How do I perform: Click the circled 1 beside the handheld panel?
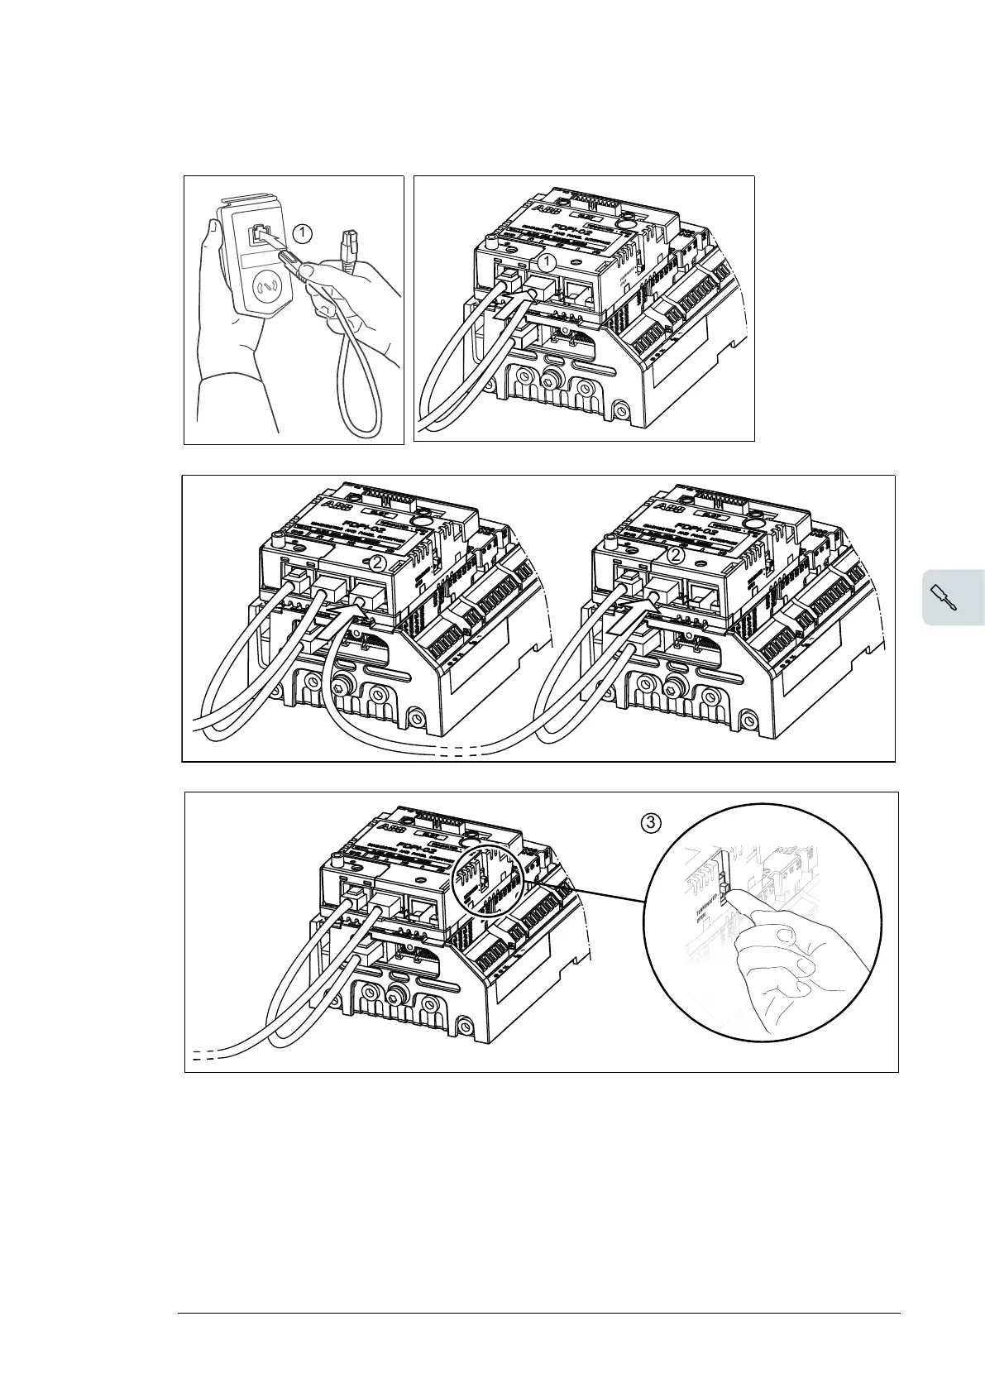pos(304,233)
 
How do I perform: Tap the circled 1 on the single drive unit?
pos(545,262)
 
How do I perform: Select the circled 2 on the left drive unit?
pos(377,563)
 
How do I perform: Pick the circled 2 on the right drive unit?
pos(676,557)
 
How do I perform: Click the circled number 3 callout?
pos(652,822)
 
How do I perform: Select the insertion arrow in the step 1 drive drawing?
pos(510,304)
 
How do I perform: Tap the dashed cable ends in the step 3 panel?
pos(204,1056)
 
